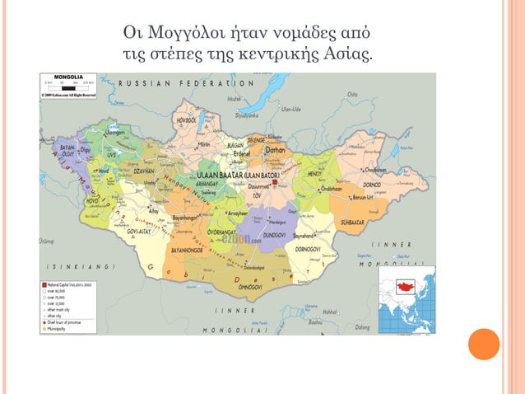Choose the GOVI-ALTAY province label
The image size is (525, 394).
(133, 232)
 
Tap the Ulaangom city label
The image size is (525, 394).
(116, 132)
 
